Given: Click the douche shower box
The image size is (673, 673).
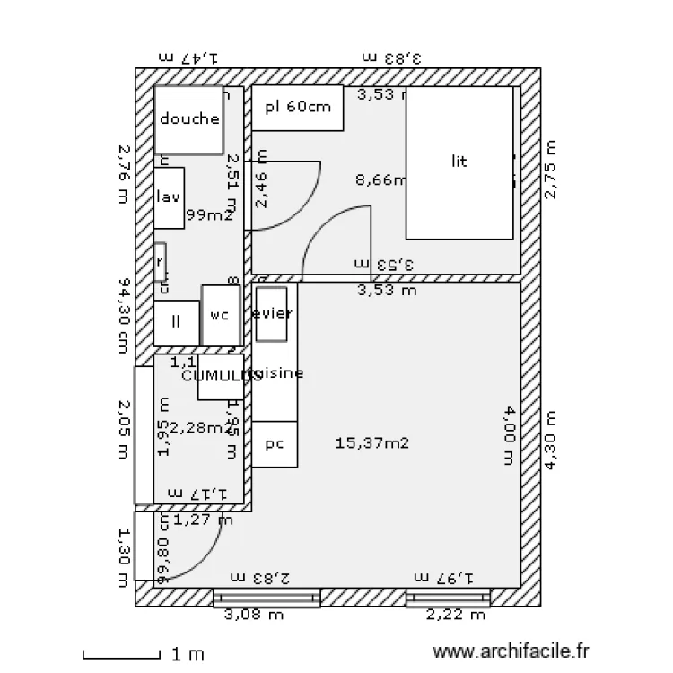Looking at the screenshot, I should pos(189,119).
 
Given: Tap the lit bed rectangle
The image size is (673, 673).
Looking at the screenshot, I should pos(459,162).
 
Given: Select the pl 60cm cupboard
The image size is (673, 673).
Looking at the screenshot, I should pos(298,108).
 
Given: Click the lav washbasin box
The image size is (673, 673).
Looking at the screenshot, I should pos(169,197).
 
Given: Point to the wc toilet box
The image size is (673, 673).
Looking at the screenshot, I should pos(220,315).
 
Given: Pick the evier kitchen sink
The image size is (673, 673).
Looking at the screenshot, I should pos(271,313).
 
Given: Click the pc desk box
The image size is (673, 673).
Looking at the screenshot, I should pos(275,444).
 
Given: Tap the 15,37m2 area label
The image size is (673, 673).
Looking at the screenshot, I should pos(372,441).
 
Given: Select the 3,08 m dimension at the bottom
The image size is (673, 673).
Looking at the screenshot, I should pos(253,615).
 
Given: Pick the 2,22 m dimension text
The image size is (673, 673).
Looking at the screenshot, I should pos(455,615).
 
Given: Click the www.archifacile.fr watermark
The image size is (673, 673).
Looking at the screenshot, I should pos(512,652).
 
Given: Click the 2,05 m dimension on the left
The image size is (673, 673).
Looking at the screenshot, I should pos(125,433).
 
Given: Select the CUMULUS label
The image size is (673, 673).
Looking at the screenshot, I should pos(221,376).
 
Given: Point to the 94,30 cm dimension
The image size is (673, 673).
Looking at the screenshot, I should pos(125,315).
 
